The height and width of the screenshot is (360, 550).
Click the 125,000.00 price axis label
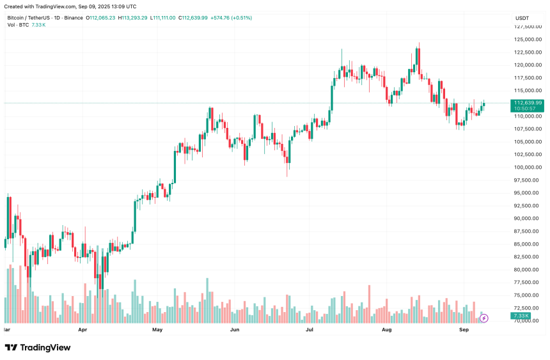tap(528, 40)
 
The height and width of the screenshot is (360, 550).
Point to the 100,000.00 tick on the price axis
tap(528, 168)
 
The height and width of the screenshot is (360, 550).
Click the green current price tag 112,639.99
tap(528, 102)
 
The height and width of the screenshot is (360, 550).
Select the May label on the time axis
tap(158, 330)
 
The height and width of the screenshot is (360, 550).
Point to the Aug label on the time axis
tap(386, 330)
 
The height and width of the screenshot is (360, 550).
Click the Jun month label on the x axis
tap(235, 330)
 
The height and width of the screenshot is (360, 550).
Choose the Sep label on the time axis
tap(464, 330)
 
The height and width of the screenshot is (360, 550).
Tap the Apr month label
tap(82, 330)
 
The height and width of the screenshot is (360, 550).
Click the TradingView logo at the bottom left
tap(38, 347)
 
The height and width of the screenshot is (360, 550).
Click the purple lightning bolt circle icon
tap(484, 318)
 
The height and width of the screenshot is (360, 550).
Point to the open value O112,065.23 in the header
tap(100, 18)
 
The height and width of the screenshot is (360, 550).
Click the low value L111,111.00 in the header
tap(162, 18)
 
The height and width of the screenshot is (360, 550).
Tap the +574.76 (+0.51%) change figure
tap(231, 18)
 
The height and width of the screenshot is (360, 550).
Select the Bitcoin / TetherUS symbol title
tap(31, 18)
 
